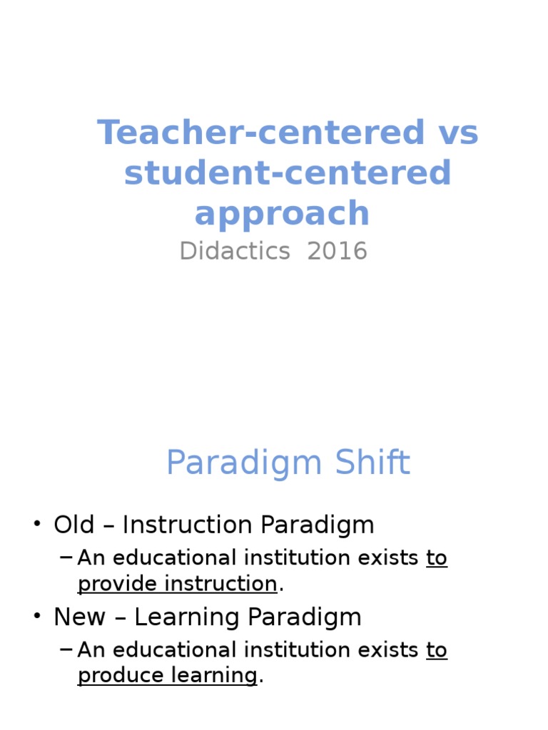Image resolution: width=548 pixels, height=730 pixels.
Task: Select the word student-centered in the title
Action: (x=288, y=173)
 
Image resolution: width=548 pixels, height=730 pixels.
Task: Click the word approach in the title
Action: (x=282, y=214)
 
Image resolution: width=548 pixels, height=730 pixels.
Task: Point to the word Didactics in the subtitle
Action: (x=235, y=251)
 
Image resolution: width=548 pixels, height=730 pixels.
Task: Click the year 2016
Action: (x=338, y=251)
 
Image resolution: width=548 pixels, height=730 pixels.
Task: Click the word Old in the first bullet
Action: (x=73, y=525)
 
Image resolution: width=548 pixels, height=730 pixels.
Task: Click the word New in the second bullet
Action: (x=78, y=617)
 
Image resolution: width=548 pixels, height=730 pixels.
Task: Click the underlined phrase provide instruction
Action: (x=177, y=584)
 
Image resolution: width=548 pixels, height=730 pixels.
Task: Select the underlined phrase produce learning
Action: (x=167, y=676)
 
